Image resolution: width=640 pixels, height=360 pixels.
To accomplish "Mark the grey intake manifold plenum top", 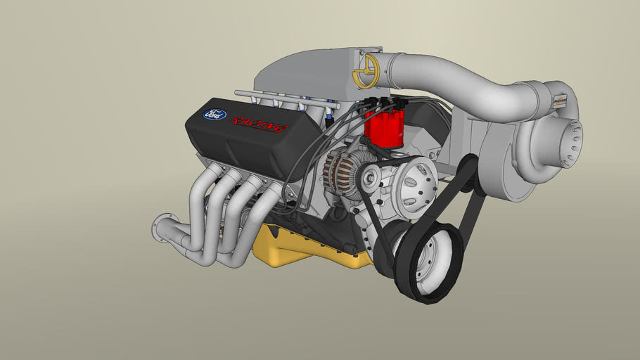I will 309,77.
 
